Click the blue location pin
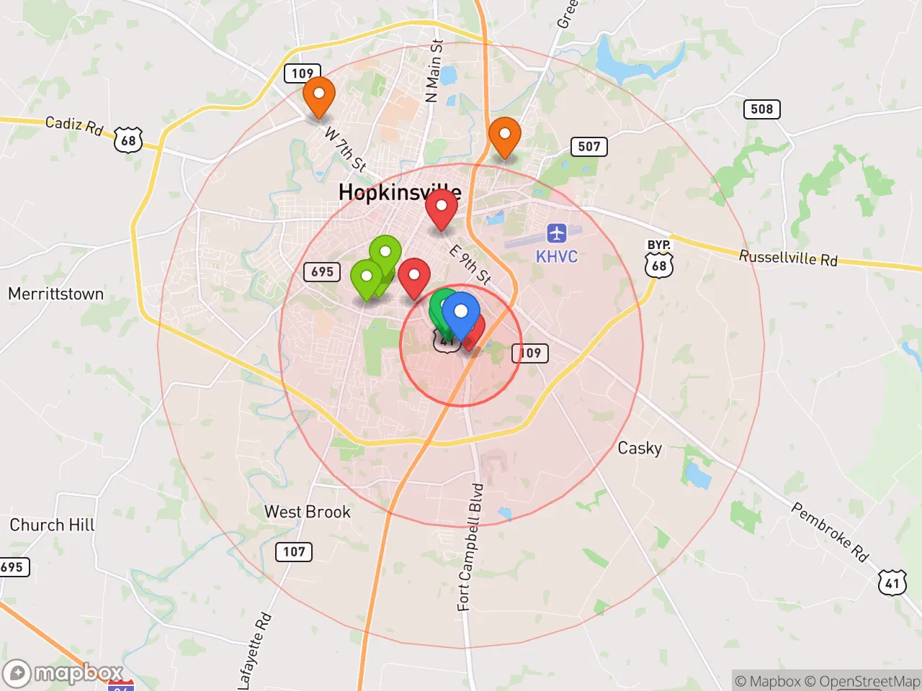[461, 313]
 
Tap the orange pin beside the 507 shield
[505, 135]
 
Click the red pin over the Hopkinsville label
[442, 207]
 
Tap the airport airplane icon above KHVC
[556, 233]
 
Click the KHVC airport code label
[556, 257]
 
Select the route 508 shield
[761, 109]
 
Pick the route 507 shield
[588, 147]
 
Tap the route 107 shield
[294, 552]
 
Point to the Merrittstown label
[56, 294]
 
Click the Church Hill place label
[52, 525]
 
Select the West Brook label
[308, 512]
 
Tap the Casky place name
[640, 448]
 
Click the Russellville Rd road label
[788, 258]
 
